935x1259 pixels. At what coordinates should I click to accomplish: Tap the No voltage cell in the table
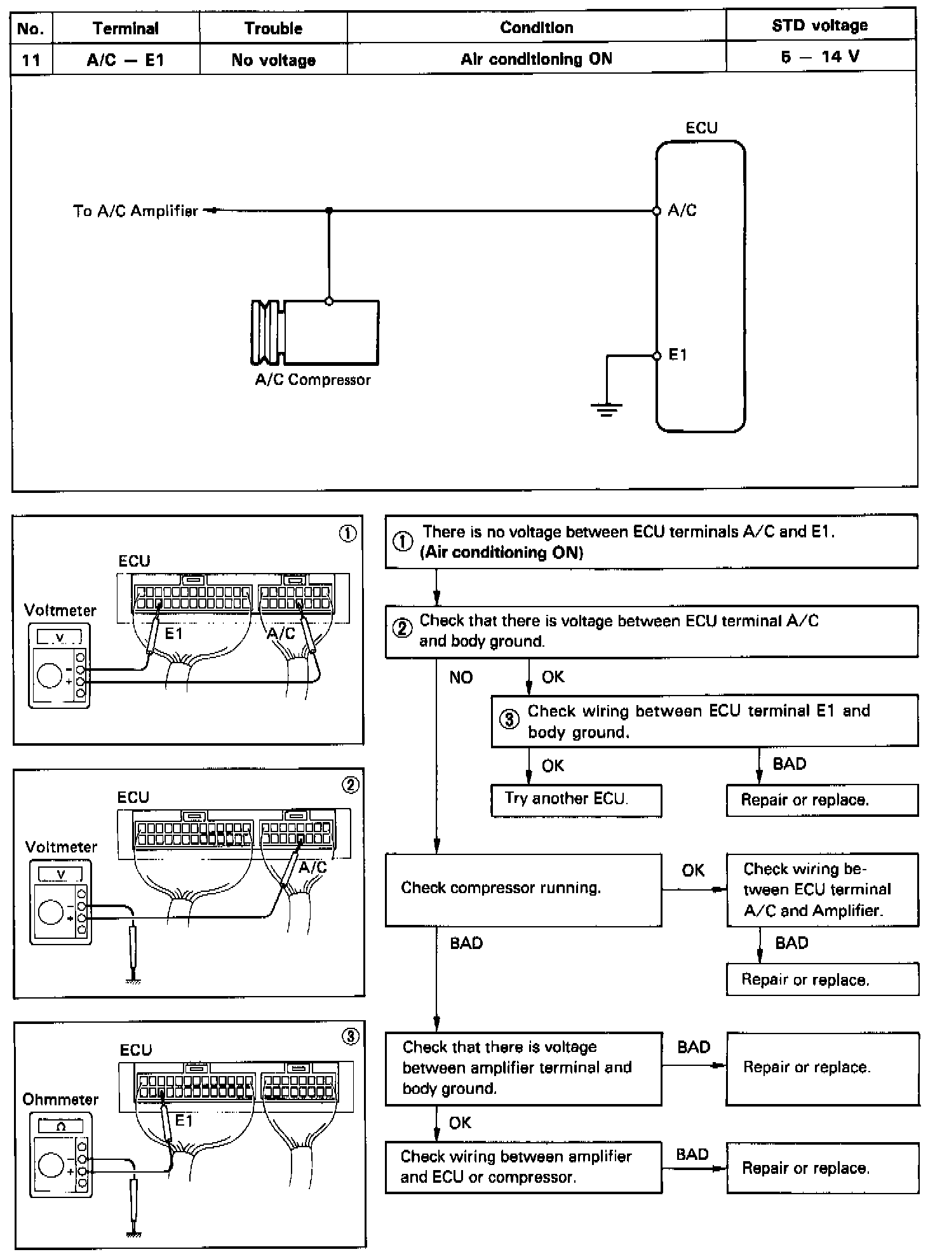pyautogui.click(x=273, y=60)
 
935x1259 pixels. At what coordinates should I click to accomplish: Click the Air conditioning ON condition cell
pyautogui.click(x=536, y=59)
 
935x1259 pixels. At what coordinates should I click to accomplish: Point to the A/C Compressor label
pyautogui.click(x=313, y=380)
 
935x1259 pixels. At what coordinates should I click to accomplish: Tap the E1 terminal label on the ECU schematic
pyautogui.click(x=678, y=355)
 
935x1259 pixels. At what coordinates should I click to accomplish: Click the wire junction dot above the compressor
pyautogui.click(x=329, y=210)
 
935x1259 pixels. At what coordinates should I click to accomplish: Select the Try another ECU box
pyautogui.click(x=576, y=800)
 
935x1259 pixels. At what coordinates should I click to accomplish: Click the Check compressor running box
pyautogui.click(x=523, y=889)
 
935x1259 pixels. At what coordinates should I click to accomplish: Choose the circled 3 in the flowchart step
pyautogui.click(x=509, y=720)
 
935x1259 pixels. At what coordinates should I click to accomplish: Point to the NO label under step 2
pyautogui.click(x=461, y=678)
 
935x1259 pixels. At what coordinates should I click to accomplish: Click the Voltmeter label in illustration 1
pyautogui.click(x=60, y=610)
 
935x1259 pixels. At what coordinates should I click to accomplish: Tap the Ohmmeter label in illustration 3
pyautogui.click(x=60, y=1100)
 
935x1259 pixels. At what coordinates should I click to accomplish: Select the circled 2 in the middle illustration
pyautogui.click(x=351, y=785)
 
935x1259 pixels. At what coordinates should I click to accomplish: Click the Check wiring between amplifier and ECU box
pyautogui.click(x=523, y=1168)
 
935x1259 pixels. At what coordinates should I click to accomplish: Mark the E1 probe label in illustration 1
pyautogui.click(x=173, y=633)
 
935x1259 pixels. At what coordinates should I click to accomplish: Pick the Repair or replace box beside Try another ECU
pyautogui.click(x=822, y=800)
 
